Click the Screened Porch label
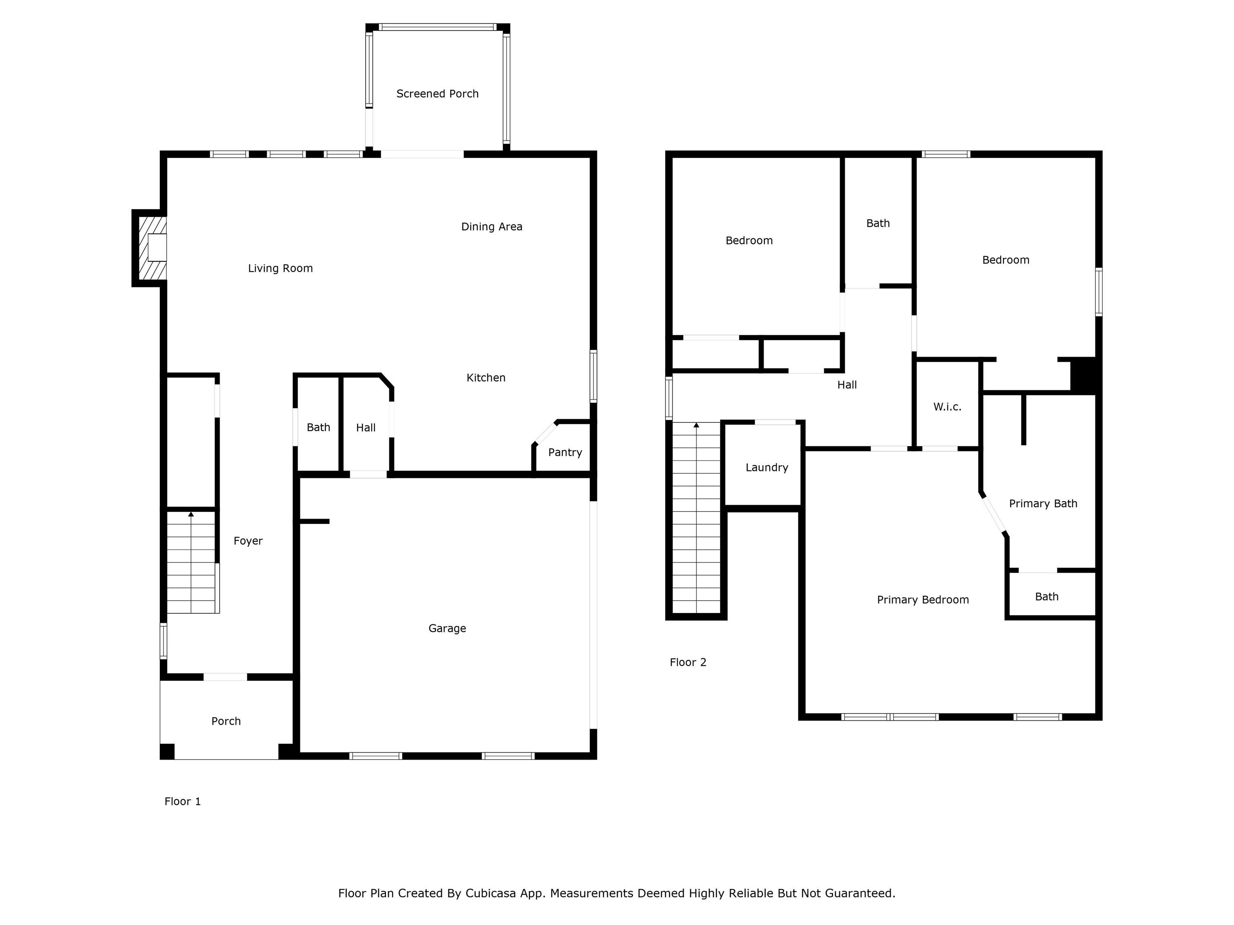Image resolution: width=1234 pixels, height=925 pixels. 437,94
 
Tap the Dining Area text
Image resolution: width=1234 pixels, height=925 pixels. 492,227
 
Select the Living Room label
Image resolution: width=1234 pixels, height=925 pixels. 280,269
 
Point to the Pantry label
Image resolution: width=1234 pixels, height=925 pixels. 565,452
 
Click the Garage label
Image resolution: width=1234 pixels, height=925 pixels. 447,628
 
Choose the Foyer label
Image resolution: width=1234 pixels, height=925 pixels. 248,541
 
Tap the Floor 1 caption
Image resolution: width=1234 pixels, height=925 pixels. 182,801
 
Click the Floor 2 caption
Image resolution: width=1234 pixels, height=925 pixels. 688,662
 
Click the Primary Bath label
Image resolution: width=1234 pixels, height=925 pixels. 1043,503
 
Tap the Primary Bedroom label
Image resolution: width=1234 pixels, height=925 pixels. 923,600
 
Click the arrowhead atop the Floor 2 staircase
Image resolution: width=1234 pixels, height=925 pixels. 696,426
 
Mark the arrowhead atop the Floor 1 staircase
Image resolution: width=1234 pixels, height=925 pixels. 191,514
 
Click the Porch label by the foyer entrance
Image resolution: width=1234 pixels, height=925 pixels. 226,721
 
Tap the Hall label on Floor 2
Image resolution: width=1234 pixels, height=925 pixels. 847,385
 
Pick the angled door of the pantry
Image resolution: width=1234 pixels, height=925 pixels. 545,433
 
